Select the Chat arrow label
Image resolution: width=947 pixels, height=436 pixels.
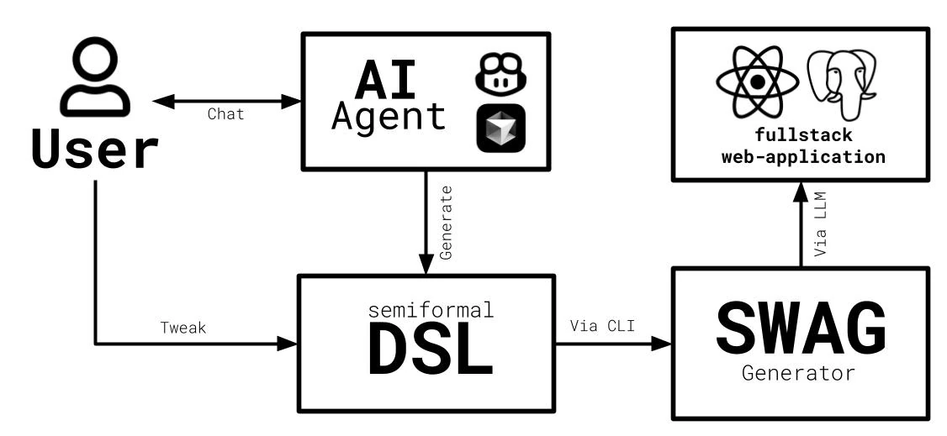(225, 114)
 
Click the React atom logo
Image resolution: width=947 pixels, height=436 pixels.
(756, 82)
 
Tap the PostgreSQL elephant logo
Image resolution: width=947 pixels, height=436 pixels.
(844, 82)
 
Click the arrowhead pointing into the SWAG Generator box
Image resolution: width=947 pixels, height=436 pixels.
(664, 344)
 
